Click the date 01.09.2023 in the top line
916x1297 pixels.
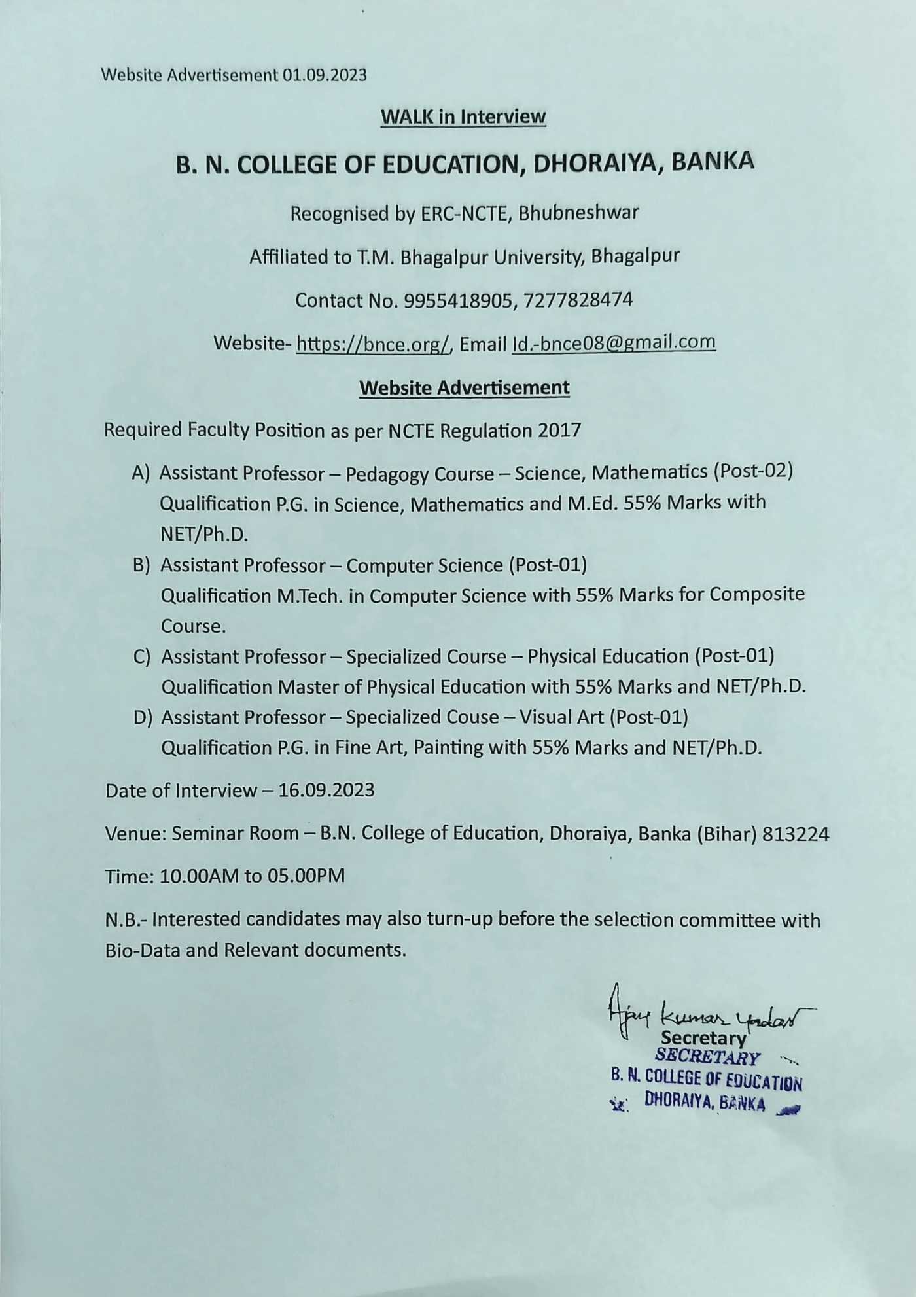[325, 75]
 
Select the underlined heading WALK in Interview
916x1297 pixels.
[463, 117]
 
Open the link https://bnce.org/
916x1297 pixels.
[373, 344]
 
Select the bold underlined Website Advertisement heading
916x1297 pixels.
[464, 387]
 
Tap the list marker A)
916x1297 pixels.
[141, 473]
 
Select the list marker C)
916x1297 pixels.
[142, 656]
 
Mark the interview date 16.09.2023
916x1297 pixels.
[326, 791]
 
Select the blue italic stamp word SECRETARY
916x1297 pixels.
[707, 1057]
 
